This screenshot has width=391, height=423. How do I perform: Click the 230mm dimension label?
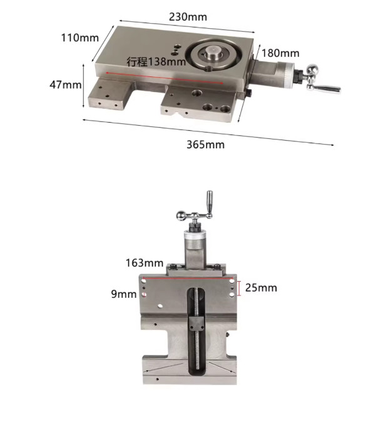[x=188, y=17]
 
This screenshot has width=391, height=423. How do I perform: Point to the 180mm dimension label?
[x=280, y=54]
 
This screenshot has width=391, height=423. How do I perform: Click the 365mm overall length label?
[x=205, y=145]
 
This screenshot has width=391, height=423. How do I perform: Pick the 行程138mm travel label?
[x=156, y=61]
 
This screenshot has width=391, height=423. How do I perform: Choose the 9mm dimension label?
[x=124, y=293]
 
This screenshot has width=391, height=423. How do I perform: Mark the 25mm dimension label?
[x=261, y=288]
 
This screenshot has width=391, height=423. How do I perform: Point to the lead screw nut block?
[x=196, y=325]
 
